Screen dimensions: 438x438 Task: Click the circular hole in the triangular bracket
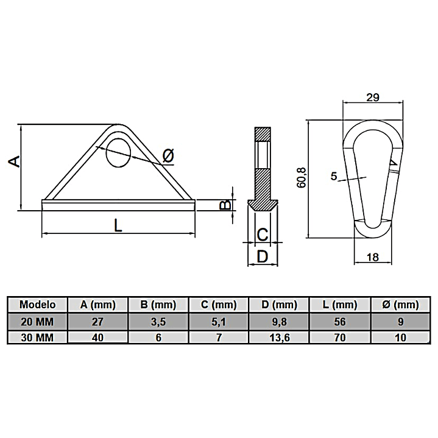(x=118, y=153)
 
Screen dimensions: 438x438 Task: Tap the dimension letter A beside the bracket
(x=15, y=161)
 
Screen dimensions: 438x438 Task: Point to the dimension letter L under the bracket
(x=118, y=225)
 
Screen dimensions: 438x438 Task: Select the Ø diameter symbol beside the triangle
(x=168, y=155)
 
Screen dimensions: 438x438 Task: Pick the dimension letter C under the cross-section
(x=263, y=235)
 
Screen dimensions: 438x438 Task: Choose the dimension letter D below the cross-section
(x=263, y=256)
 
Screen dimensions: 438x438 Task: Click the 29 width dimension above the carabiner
(x=373, y=97)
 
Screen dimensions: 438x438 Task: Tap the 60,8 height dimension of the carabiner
(x=302, y=178)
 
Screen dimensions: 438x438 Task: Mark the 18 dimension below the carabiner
(x=373, y=257)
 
